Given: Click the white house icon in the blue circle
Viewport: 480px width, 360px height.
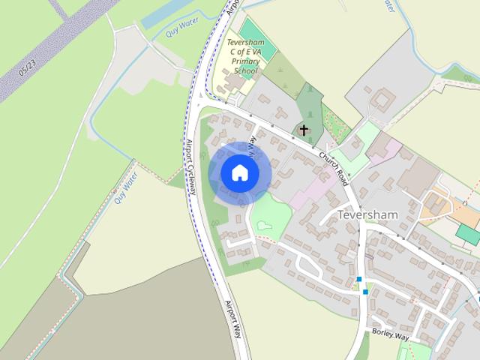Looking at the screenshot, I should pyautogui.click(x=239, y=172).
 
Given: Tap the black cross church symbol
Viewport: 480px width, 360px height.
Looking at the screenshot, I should pyautogui.click(x=304, y=130).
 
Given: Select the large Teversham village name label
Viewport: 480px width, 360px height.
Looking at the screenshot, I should pyautogui.click(x=367, y=214).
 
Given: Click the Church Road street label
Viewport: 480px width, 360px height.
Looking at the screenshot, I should pyautogui.click(x=333, y=163).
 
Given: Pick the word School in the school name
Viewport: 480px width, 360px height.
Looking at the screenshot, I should pyautogui.click(x=245, y=71).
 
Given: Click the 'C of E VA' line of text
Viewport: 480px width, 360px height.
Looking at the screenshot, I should pyautogui.click(x=244, y=52).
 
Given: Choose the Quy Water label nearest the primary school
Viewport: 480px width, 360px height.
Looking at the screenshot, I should pyautogui.click(x=170, y=31).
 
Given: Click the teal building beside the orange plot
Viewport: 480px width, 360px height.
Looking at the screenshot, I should pyautogui.click(x=467, y=234).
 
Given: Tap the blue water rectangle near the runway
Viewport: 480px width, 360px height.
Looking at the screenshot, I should pyautogui.click(x=162, y=15).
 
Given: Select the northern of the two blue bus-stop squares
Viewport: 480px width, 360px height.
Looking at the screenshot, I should pyautogui.click(x=359, y=280).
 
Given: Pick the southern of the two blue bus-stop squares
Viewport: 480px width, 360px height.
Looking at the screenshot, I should pyautogui.click(x=365, y=292).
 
